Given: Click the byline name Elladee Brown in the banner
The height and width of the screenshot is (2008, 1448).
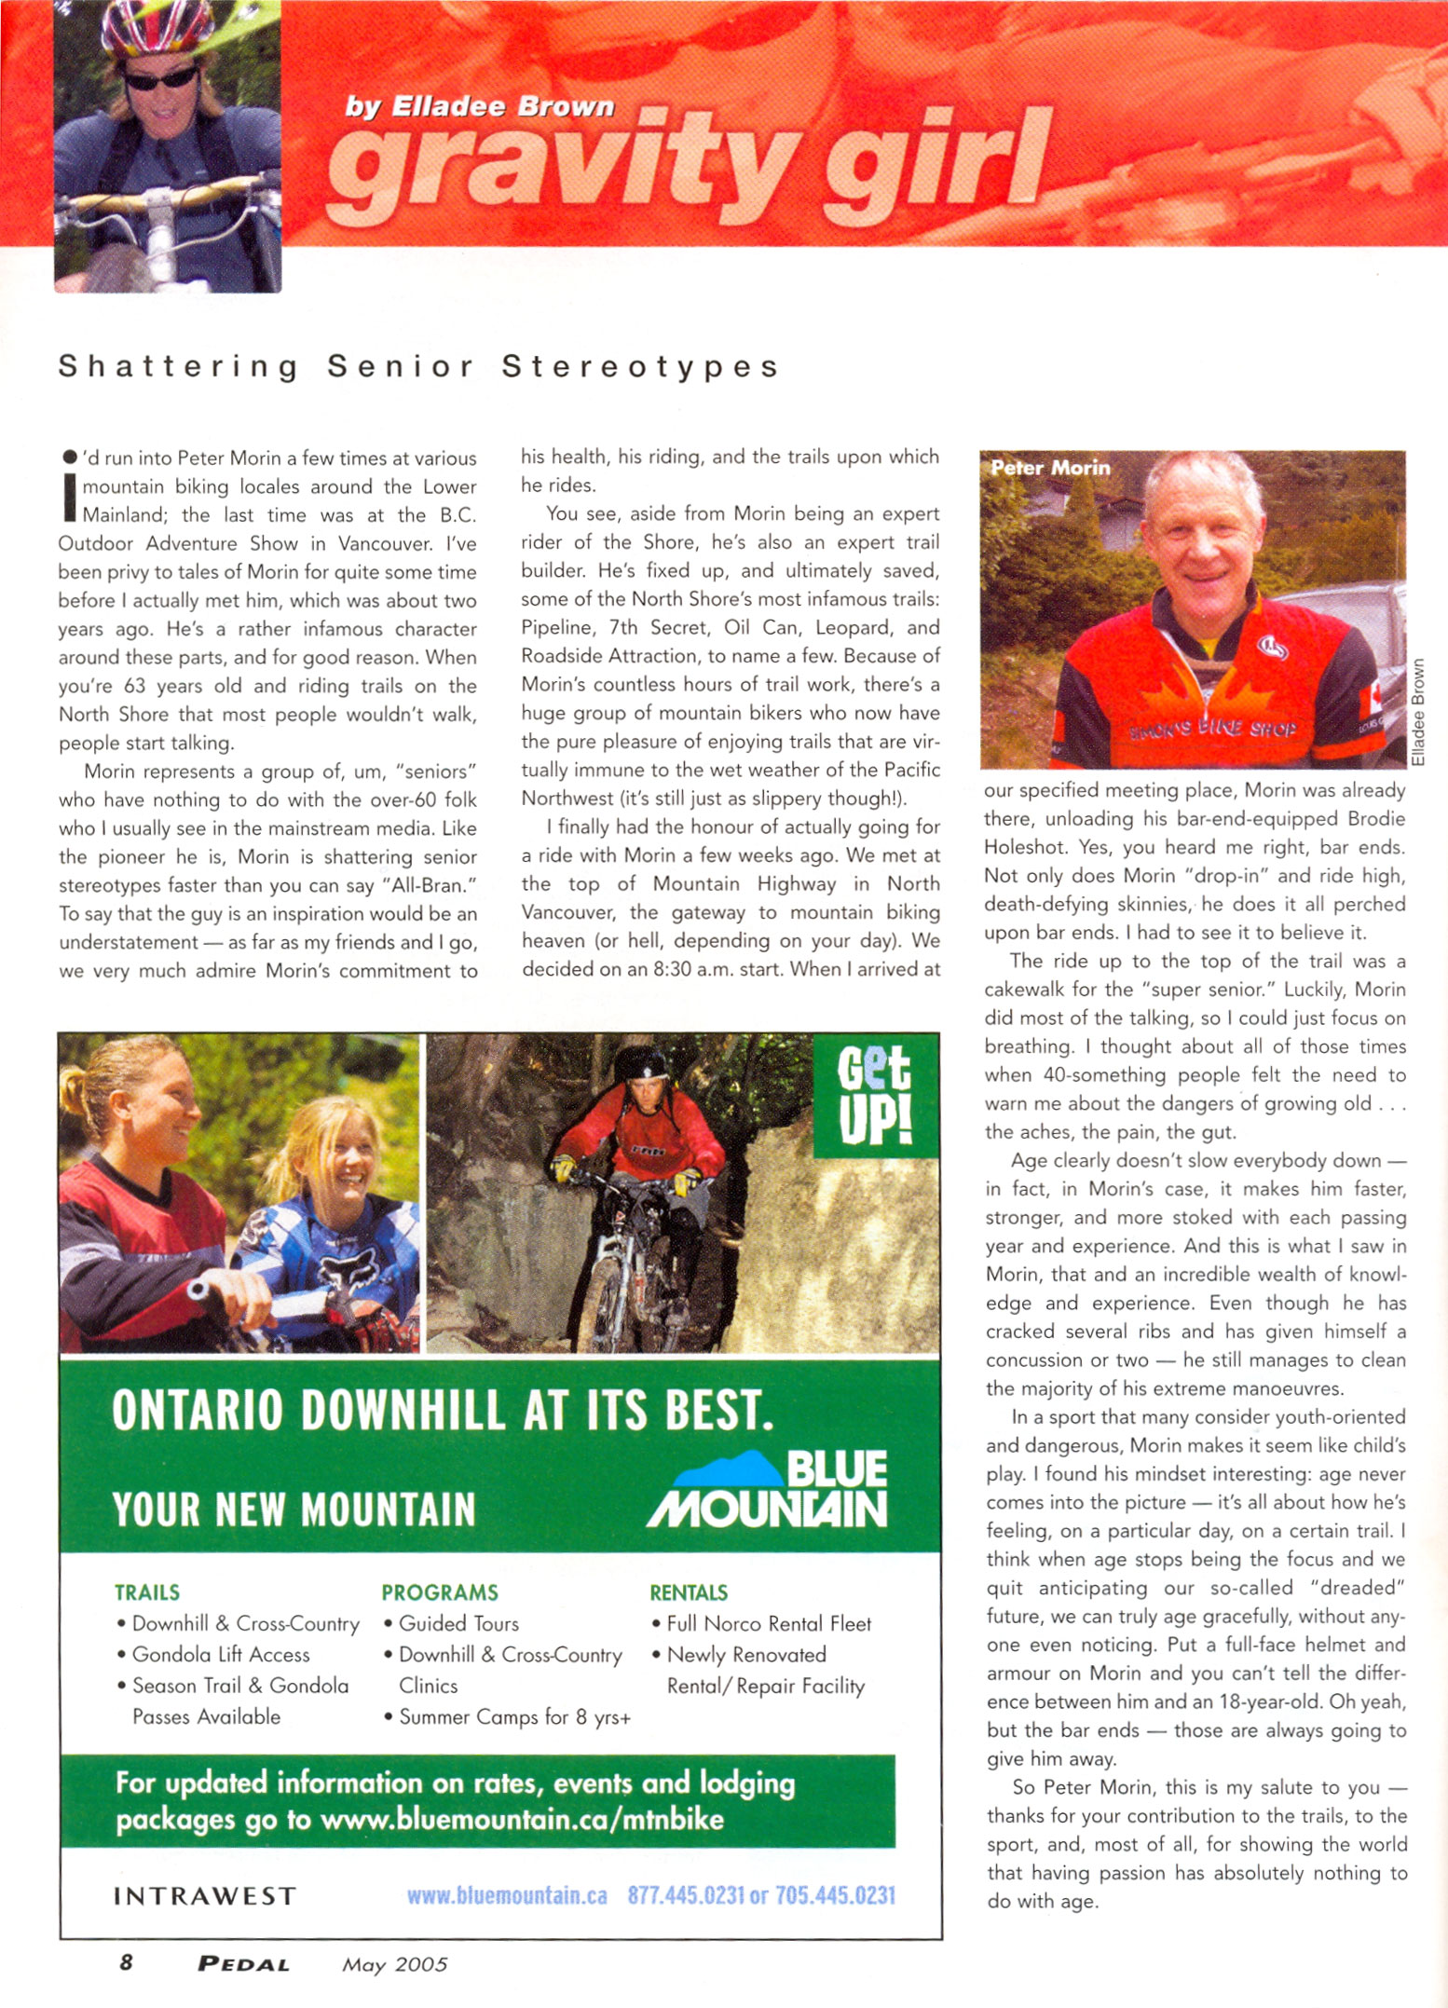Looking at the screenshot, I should [503, 107].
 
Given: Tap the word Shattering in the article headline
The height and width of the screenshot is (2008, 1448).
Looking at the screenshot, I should [179, 367].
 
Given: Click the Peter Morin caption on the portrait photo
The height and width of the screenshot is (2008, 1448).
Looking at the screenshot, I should [1050, 468].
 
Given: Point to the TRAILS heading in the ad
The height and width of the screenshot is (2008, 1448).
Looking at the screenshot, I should [147, 1592].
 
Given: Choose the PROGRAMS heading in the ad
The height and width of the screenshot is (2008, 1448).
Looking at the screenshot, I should [440, 1592].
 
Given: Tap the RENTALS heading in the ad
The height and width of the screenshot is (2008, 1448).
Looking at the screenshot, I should [689, 1592].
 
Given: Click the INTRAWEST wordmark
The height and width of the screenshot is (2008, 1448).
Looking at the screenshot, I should [205, 1896].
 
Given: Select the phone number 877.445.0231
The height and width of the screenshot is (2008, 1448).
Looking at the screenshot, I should [685, 1896].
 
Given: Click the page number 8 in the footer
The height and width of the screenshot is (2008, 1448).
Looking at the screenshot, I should [126, 1963].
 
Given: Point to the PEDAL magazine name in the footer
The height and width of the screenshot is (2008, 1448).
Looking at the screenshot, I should [244, 1964].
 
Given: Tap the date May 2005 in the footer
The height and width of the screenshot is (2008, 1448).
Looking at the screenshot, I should [394, 1964].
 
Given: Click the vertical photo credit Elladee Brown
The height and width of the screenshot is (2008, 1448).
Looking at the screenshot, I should [1417, 712].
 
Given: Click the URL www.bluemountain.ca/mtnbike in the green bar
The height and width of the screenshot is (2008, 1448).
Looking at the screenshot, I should [522, 1820].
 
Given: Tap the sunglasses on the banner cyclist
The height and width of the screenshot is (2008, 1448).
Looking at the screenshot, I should [160, 79].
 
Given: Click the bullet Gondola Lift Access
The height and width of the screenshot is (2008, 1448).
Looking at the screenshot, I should [220, 1655].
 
